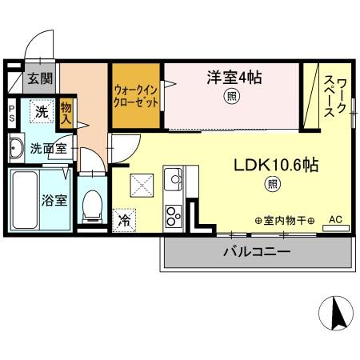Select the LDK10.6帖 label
click(x=276, y=166)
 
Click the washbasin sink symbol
click(x=16, y=146)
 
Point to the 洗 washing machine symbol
click(x=42, y=112)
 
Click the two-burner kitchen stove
click(x=173, y=215)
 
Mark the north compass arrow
click(x=337, y=314)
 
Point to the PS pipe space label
click(x=12, y=111)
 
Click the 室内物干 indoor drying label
click(x=284, y=220)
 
